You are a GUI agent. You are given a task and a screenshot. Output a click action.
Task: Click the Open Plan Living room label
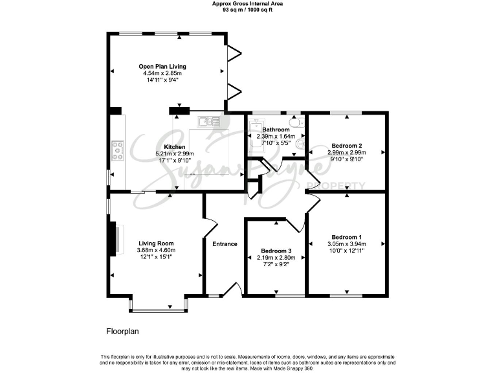click(x=162, y=66)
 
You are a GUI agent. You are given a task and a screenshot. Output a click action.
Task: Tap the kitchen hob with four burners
click(x=118, y=151)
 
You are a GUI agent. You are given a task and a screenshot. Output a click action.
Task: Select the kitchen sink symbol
click(x=210, y=121)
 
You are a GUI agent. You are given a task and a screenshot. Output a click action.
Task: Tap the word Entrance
click(x=225, y=244)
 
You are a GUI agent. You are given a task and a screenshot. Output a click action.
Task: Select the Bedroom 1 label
click(x=347, y=237)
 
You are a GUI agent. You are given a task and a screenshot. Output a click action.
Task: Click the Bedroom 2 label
click(x=347, y=146)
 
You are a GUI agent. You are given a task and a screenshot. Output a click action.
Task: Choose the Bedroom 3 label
click(x=276, y=251)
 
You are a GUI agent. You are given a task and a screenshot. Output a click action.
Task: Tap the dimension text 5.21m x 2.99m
click(x=175, y=153)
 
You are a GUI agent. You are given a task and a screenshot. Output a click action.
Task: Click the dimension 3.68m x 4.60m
click(x=156, y=251)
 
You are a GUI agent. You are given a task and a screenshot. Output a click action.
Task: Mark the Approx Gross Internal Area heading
click(x=248, y=3)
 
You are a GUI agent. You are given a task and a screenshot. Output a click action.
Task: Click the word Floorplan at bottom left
click(x=122, y=332)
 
